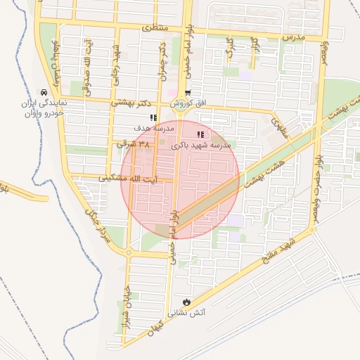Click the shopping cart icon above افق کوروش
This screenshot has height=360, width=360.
(x=187, y=94)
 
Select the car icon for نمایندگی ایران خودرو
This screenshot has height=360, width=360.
(x=44, y=92)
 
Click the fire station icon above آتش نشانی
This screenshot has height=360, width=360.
(x=187, y=301)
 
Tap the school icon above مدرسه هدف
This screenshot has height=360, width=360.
(x=153, y=118)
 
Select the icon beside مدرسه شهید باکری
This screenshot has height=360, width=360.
(x=200, y=134)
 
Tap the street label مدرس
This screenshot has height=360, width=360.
(x=292, y=35)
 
